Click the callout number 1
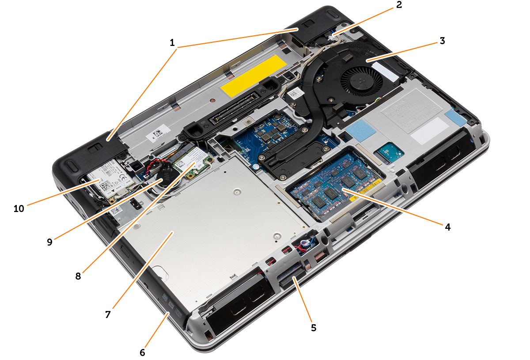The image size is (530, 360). coord(172,43)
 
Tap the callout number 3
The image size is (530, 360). coord(442,41)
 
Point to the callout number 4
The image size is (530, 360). coord(447,227)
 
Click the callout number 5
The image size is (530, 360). coord(314,327)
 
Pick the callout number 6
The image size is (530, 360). coord(142,352)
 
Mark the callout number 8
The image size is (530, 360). coord(78,276)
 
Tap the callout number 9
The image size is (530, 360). coord(49,242)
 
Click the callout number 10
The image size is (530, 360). coord(19,208)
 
